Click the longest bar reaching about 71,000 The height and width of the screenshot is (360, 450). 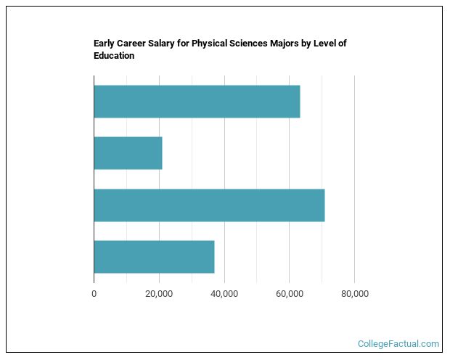tap(209, 205)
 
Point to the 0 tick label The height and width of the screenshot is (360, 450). tap(94, 294)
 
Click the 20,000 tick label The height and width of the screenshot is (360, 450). tap(159, 294)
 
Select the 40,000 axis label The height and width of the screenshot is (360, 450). tap(224, 294)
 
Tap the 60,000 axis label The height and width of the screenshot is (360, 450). tap(290, 294)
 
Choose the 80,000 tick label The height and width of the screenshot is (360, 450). tap(355, 294)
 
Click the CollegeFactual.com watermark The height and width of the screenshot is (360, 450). tap(398, 343)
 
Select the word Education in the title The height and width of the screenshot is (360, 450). tap(114, 55)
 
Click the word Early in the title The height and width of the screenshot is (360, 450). tap(104, 44)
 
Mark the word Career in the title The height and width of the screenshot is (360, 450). tap(131, 44)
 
